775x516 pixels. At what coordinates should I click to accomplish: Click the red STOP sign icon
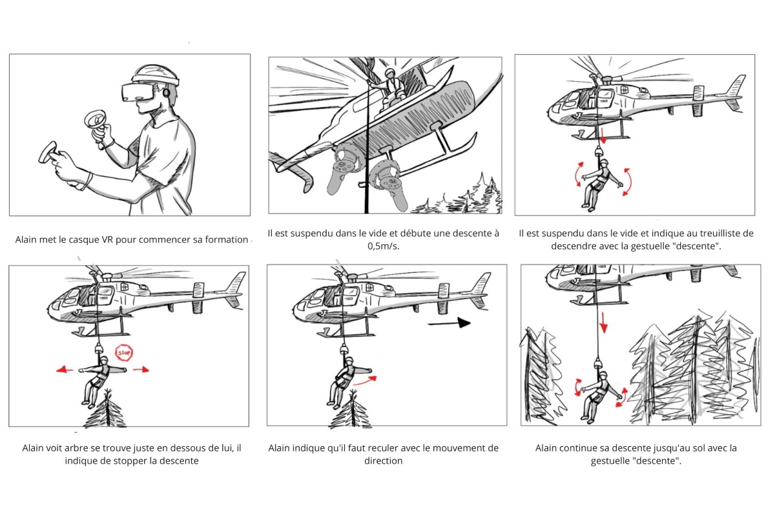123,353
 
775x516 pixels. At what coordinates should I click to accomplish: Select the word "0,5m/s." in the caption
384,246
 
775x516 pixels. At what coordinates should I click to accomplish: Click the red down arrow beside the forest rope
603,322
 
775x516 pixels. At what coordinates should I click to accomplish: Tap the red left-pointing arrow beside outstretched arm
63,370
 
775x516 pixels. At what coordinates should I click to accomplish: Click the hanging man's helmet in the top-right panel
601,164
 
